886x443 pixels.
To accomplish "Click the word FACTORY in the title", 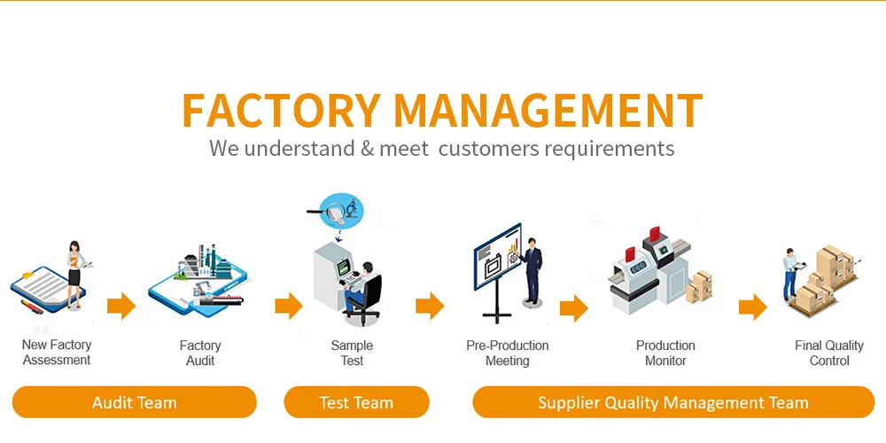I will (282, 111).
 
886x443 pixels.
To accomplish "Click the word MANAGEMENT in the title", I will (548, 111).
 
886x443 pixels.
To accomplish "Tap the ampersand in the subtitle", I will (368, 148).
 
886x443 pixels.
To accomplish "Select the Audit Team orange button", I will (135, 402).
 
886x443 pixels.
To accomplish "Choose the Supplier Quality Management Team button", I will (672, 402).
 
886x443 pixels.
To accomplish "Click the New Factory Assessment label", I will (57, 353).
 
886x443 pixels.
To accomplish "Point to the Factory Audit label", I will (200, 353).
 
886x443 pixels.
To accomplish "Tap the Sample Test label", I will (352, 353).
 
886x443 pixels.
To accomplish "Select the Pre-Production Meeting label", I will (508, 353).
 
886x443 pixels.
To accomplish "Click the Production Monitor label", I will (665, 353).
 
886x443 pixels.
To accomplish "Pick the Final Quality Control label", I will (829, 353).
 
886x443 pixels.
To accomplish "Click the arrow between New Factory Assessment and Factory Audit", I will (120, 307).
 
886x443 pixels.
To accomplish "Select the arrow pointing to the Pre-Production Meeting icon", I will (430, 307).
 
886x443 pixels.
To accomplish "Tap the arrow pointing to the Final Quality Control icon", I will (752, 307).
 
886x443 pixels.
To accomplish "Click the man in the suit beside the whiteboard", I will (532, 270).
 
